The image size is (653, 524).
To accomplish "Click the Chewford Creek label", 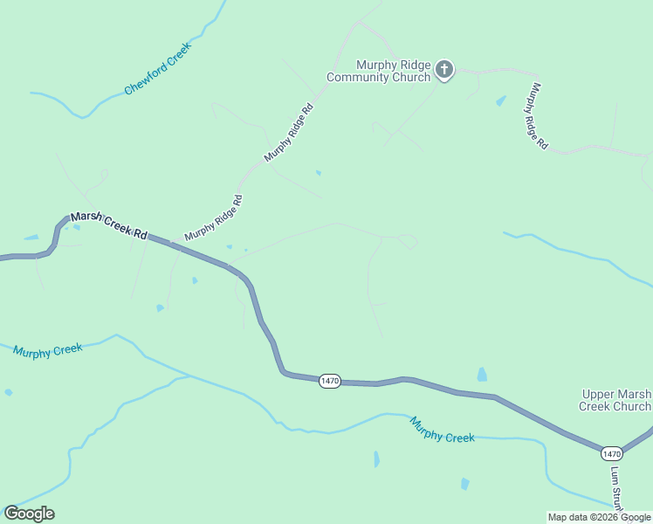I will pos(157,68).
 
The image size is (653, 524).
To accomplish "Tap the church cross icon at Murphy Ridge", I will pos(444,71).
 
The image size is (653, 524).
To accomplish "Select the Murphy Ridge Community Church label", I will pos(380,71).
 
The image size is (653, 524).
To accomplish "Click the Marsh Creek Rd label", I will pos(109,224).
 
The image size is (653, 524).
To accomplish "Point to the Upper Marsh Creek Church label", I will pos(615,400).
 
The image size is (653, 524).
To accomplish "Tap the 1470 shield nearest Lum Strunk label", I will pos(611,453).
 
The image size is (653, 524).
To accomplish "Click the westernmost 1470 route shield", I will pos(329,381).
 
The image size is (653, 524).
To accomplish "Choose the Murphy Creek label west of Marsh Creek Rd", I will pos(48,350).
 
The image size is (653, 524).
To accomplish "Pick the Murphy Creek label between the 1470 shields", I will pos(443,429).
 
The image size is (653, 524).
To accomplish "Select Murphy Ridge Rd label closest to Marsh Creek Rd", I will pos(213,218).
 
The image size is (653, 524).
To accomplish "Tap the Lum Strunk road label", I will pos(616,489).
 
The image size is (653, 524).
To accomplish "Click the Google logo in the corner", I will pos(29,514).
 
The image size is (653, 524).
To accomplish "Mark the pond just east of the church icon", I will pos(501,101).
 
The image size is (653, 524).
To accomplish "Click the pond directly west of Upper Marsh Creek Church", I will pos(482,375).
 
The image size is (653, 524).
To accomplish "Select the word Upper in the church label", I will pos(599,395).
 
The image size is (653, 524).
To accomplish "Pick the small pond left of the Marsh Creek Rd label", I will pos(31,237).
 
